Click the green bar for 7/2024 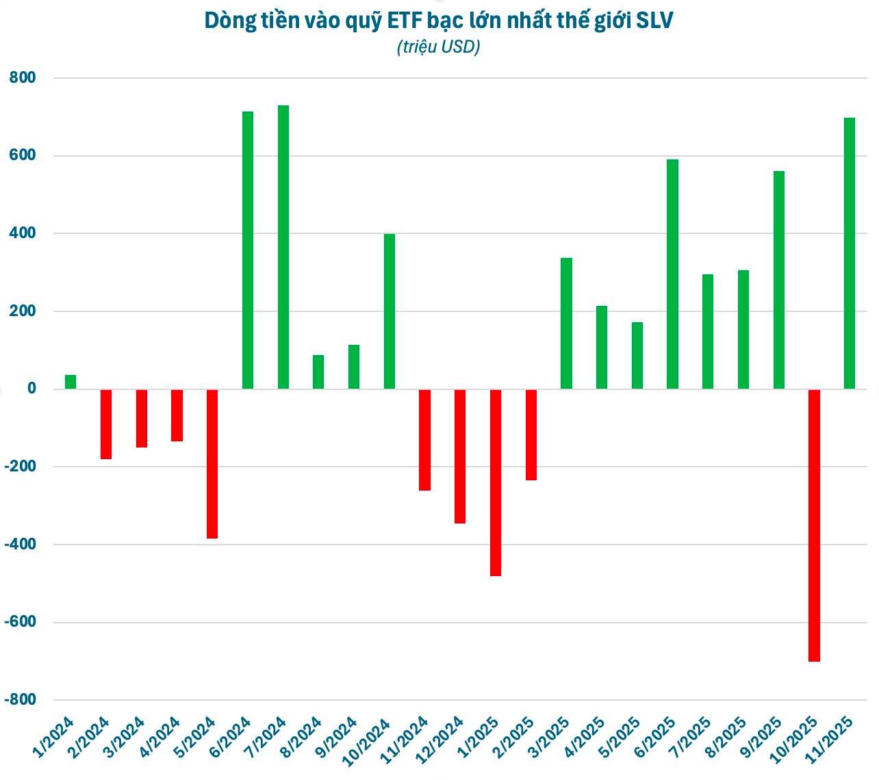tap(283, 247)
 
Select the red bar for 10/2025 tap(814, 525)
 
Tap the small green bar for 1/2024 tap(71, 382)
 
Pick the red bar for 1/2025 tap(496, 482)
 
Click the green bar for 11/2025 tap(850, 253)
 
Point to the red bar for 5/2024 tap(212, 464)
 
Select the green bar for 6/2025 tap(673, 274)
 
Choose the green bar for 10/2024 tap(390, 311)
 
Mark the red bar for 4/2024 tap(177, 415)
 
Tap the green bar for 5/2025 tap(637, 355)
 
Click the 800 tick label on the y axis tap(23, 78)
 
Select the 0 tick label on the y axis tap(31, 389)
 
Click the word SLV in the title tap(654, 21)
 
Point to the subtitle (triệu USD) tap(438, 47)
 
